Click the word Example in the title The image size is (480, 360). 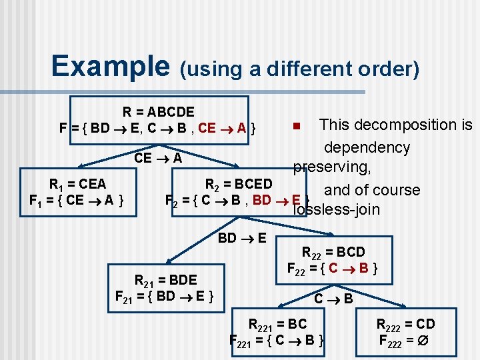coord(111,66)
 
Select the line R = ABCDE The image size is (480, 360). coord(159,111)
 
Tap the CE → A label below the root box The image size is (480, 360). coord(158,158)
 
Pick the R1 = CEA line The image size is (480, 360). coord(77,183)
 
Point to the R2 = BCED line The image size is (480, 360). coord(239,183)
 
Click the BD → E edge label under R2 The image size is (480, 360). coord(243,238)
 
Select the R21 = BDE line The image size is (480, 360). coord(165,279)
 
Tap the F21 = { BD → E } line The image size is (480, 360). coord(165,295)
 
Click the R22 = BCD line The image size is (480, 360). coord(333,252)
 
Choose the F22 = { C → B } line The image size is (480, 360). coord(333,269)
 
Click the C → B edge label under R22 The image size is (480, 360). coord(333,299)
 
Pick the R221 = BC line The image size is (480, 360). coord(277,324)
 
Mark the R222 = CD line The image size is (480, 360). coord(405,324)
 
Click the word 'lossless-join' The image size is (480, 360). coord(336,210)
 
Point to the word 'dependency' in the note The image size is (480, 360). coord(367,147)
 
